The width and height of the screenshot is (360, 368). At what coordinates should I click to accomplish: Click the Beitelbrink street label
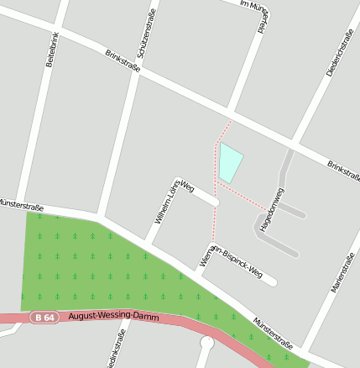[50, 50]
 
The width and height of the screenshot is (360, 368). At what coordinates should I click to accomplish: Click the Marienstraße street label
[344, 272]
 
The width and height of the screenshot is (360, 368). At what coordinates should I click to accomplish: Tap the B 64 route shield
[45, 318]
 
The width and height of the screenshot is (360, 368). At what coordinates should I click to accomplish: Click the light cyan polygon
[229, 162]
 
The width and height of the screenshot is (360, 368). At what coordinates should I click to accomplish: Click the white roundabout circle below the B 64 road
[207, 344]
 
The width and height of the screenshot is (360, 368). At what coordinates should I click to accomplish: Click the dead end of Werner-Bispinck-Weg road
[272, 281]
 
